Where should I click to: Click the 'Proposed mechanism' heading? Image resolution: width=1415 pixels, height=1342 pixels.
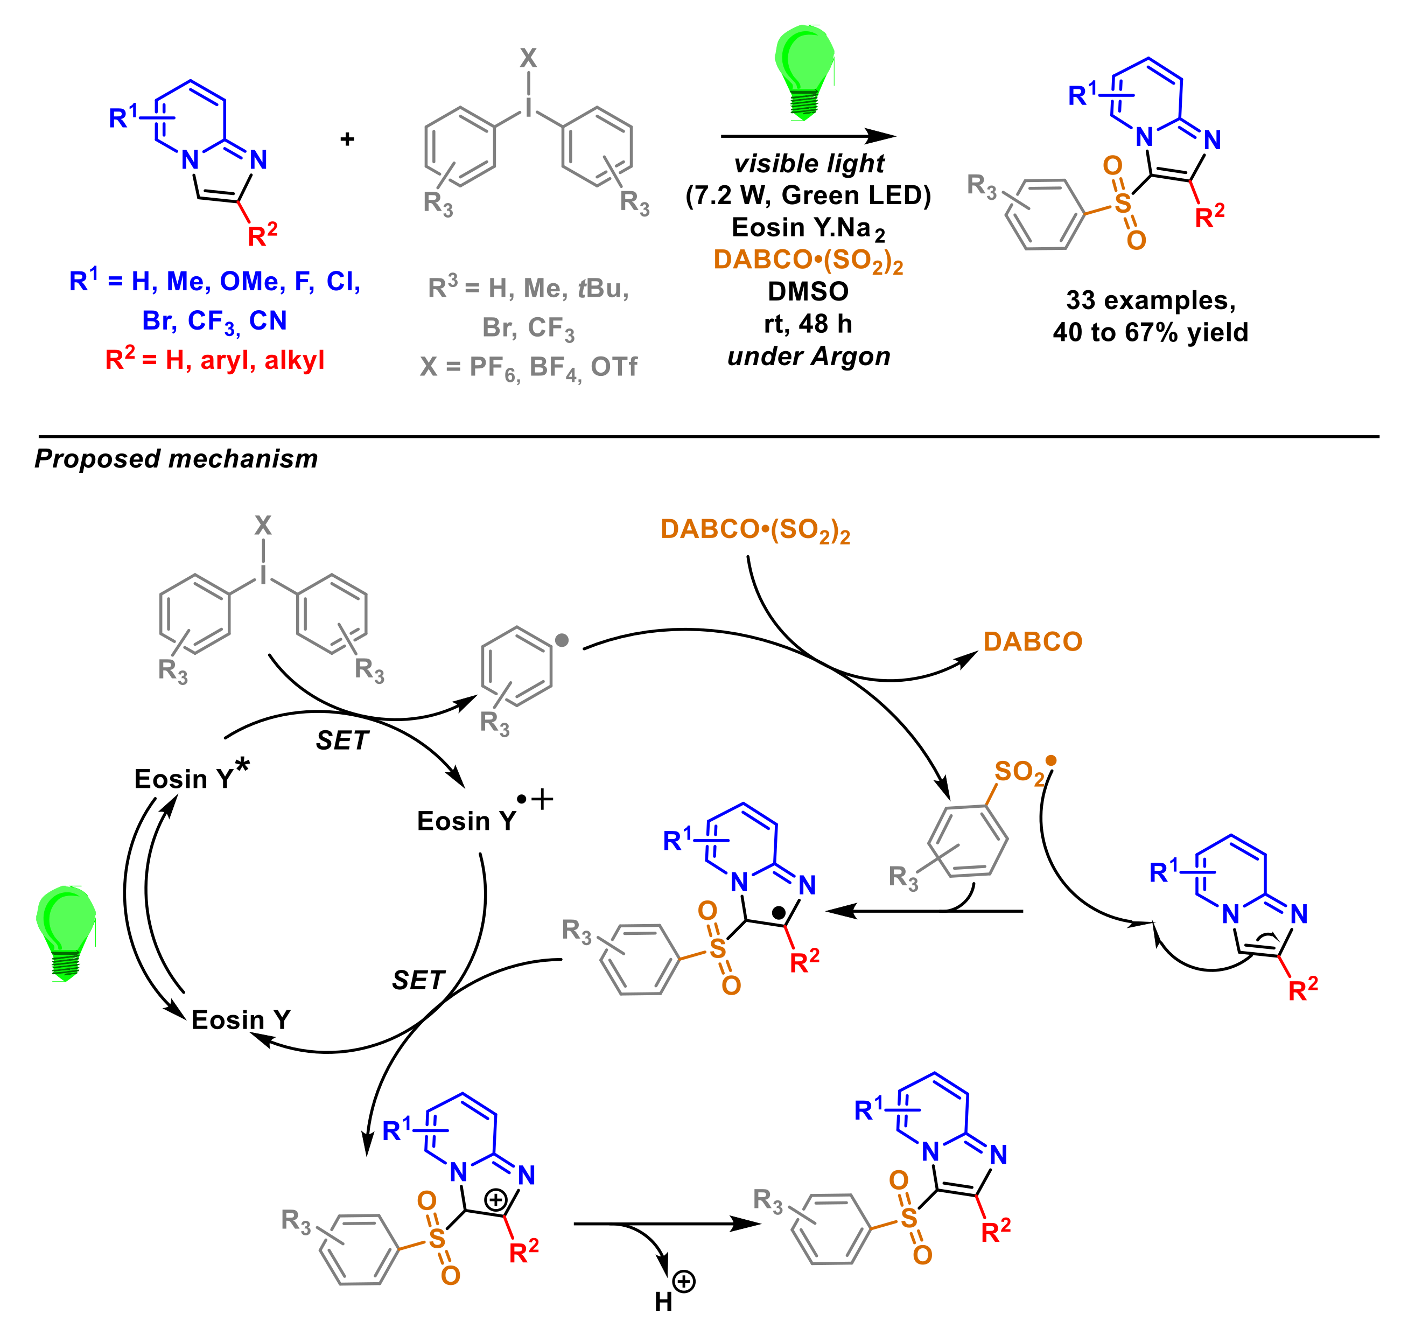(x=176, y=458)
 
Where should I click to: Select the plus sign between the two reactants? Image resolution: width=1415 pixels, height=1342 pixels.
(x=348, y=139)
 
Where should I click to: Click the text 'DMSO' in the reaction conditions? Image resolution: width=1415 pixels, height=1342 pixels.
(x=808, y=291)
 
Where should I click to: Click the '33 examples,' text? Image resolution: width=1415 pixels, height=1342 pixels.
(x=1150, y=300)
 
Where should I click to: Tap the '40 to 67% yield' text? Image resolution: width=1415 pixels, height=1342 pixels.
(x=1150, y=332)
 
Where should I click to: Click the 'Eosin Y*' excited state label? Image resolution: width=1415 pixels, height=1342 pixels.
(x=190, y=777)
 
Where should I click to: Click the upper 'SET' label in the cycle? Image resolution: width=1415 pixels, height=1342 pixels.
(x=342, y=740)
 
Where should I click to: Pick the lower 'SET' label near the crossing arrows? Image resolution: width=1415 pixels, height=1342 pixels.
(x=418, y=980)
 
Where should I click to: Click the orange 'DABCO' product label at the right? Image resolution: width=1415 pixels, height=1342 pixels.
(x=1032, y=642)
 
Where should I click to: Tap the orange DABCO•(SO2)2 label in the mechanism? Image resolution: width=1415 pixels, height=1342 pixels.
(x=755, y=530)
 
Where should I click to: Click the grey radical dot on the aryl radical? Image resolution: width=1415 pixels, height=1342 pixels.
(x=562, y=640)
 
